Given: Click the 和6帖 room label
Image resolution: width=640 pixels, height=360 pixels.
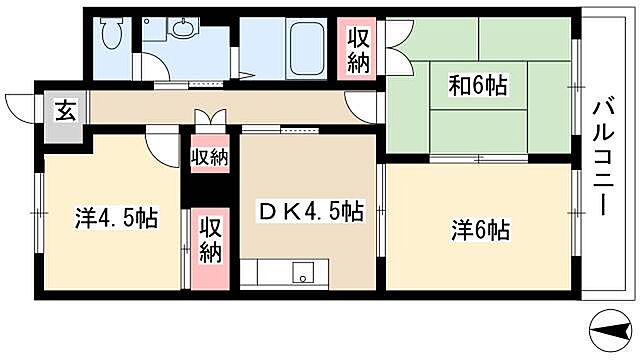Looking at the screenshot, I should point(478,85).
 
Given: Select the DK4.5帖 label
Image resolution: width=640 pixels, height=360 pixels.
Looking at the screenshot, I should point(310,212).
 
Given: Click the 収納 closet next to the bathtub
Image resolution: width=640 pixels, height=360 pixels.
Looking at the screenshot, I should point(358,49).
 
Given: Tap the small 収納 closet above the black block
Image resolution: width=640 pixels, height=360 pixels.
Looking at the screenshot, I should point(210,156).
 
